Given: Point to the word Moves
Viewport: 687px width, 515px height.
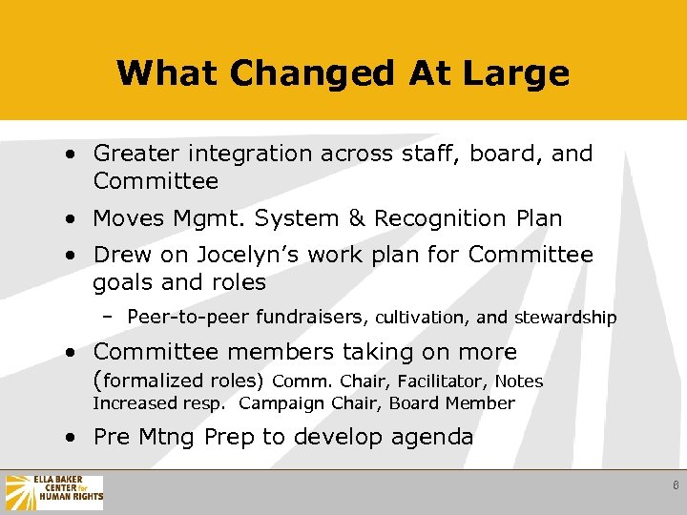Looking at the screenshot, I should [129, 218].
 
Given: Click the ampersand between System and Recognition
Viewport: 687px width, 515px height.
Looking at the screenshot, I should [356, 218].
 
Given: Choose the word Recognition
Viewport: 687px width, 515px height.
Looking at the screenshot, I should [426, 218].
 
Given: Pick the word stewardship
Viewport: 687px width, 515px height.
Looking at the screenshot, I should [566, 317].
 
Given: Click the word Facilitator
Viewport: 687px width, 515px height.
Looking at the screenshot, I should [442, 381].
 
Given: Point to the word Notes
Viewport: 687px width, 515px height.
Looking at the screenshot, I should [519, 381].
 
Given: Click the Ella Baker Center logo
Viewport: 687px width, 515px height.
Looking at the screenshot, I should [54, 492].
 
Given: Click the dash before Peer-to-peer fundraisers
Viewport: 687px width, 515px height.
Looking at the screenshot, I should [108, 317].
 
